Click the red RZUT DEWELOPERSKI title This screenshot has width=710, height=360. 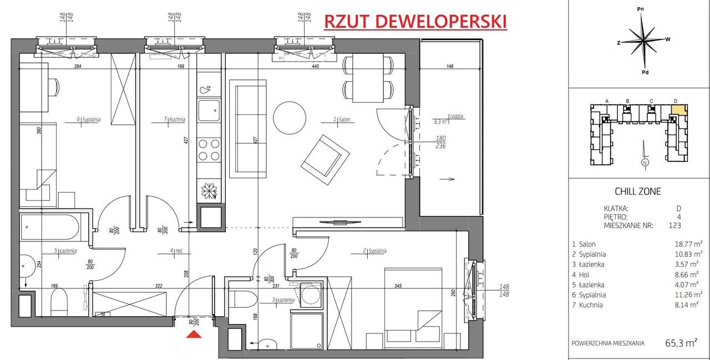tap(415, 21)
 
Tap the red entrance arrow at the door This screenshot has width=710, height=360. tap(193, 334)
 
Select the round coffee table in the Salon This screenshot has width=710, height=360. tap(290, 116)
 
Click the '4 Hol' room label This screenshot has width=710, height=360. tap(177, 251)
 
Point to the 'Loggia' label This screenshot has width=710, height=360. tap(457, 117)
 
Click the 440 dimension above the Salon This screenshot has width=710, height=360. tap(315, 66)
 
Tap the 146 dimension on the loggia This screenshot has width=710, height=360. tap(449, 66)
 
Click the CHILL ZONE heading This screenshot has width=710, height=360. tap(638, 192)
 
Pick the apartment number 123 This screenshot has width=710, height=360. tap(674, 225)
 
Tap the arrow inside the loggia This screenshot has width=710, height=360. tap(447, 179)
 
